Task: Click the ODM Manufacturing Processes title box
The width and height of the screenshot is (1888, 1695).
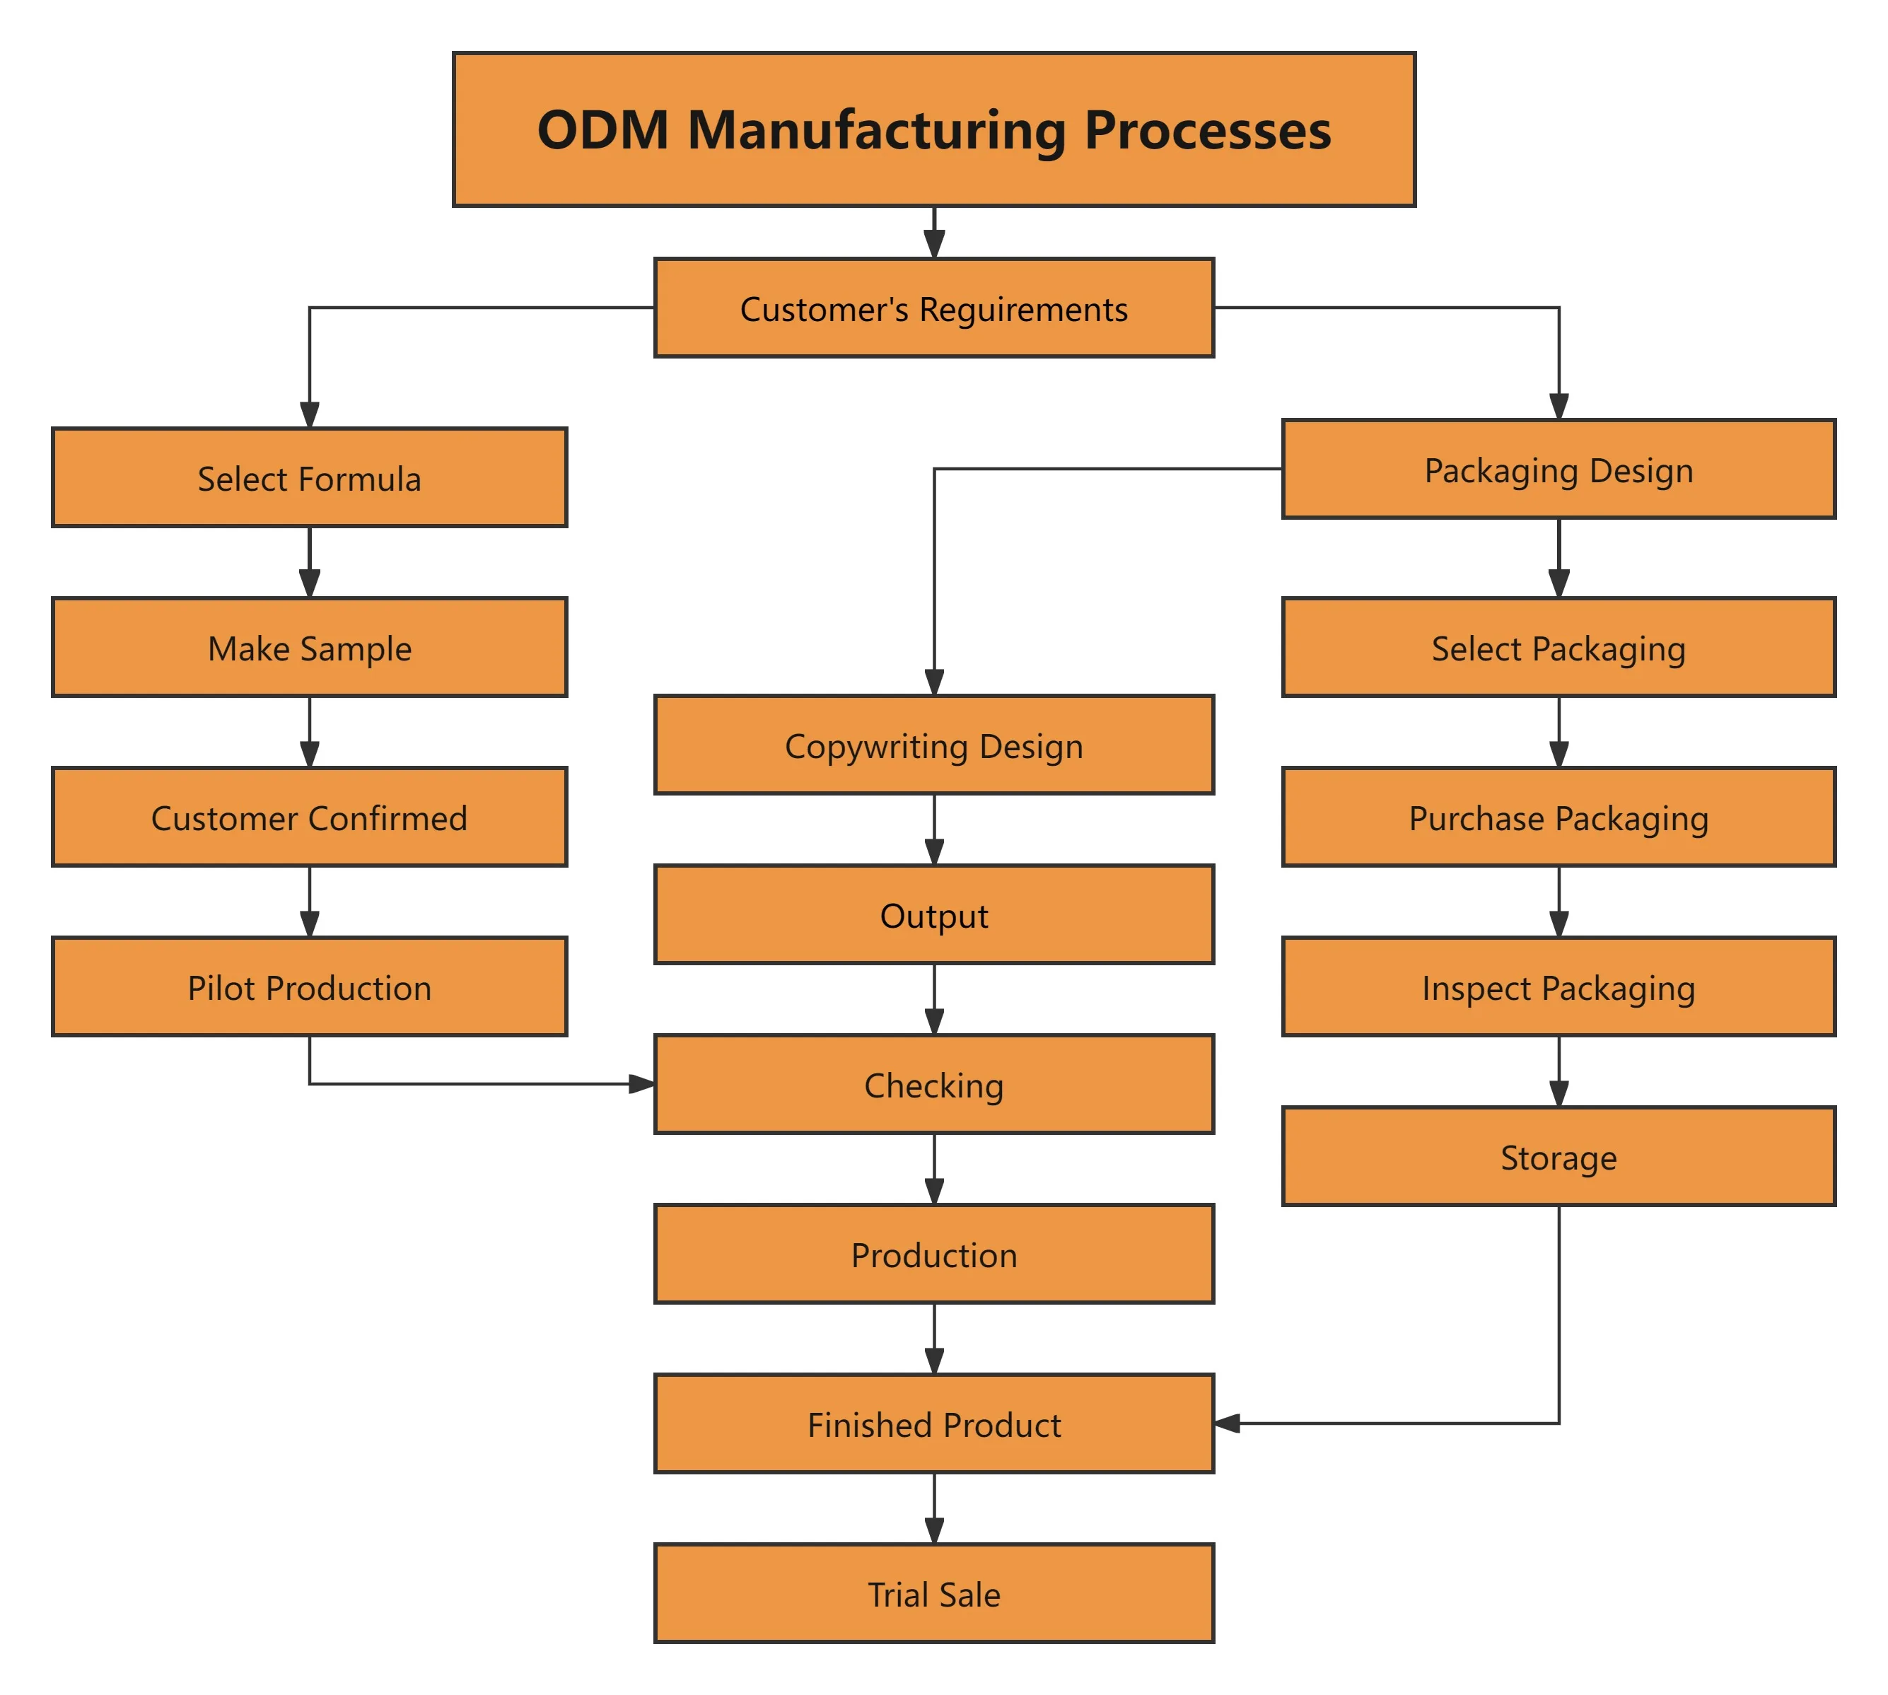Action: [x=933, y=129]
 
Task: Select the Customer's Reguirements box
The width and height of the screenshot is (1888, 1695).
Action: [x=933, y=308]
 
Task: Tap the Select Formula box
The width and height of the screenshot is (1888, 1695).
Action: [x=309, y=478]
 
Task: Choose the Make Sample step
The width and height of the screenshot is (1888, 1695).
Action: [x=309, y=647]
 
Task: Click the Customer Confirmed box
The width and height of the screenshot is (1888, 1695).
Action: [x=309, y=817]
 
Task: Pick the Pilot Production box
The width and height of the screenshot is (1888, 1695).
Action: [x=309, y=987]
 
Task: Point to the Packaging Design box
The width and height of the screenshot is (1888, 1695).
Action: [x=1558, y=470]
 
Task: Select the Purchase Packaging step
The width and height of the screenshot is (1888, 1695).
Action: [x=1558, y=817]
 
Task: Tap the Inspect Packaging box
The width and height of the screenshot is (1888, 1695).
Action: [x=1558, y=987]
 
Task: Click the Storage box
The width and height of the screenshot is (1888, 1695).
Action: [x=1558, y=1157]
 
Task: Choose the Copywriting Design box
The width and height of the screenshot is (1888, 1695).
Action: [x=933, y=745]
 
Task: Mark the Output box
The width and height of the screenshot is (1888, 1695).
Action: [x=933, y=914]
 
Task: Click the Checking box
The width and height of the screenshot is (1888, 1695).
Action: [x=933, y=1084]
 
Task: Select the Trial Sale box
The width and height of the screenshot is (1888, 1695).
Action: [x=933, y=1593]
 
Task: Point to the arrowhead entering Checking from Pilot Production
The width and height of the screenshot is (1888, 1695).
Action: [x=643, y=1083]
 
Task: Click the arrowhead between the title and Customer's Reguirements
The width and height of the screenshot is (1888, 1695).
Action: [x=934, y=244]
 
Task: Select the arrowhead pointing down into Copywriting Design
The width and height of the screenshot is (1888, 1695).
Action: [x=934, y=682]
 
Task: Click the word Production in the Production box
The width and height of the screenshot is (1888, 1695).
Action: [x=933, y=1254]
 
